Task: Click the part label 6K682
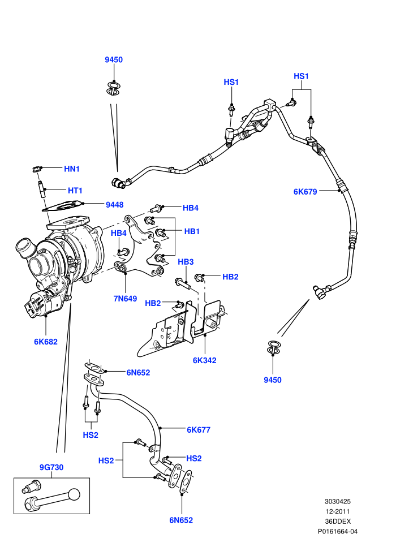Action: point(46,342)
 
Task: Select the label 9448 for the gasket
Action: point(115,205)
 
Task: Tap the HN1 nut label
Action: point(72,169)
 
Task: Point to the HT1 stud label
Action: point(75,191)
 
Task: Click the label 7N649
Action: point(126,299)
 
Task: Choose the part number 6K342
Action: point(205,360)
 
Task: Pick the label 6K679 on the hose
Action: point(305,192)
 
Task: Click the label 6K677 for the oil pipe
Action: point(199,430)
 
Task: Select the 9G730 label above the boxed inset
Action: point(51,467)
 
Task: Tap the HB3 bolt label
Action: point(186,262)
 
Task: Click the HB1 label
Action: point(192,231)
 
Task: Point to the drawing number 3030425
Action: point(337,501)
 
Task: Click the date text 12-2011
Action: point(337,511)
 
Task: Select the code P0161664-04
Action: point(337,531)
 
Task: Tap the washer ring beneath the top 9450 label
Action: point(114,89)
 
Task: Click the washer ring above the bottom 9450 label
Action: point(273,347)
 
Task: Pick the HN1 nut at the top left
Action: point(37,169)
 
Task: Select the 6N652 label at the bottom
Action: point(181,520)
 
